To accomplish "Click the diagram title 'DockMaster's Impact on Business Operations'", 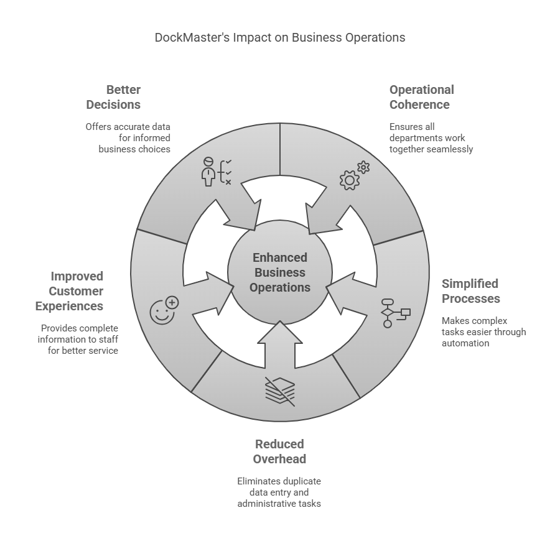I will [280, 37].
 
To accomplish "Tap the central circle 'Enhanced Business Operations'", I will [279, 272].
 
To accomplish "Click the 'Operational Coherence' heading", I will [422, 97].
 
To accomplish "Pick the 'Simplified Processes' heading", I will [470, 291].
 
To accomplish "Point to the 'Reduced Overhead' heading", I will [279, 451].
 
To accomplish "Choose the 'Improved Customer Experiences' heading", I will [70, 291].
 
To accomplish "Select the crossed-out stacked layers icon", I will [280, 391].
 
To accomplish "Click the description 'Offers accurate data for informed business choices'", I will [128, 138].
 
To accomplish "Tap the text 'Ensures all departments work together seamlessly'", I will [431, 138].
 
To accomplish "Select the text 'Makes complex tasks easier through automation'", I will [483, 332].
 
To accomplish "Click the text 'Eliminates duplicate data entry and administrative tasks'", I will [279, 492].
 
